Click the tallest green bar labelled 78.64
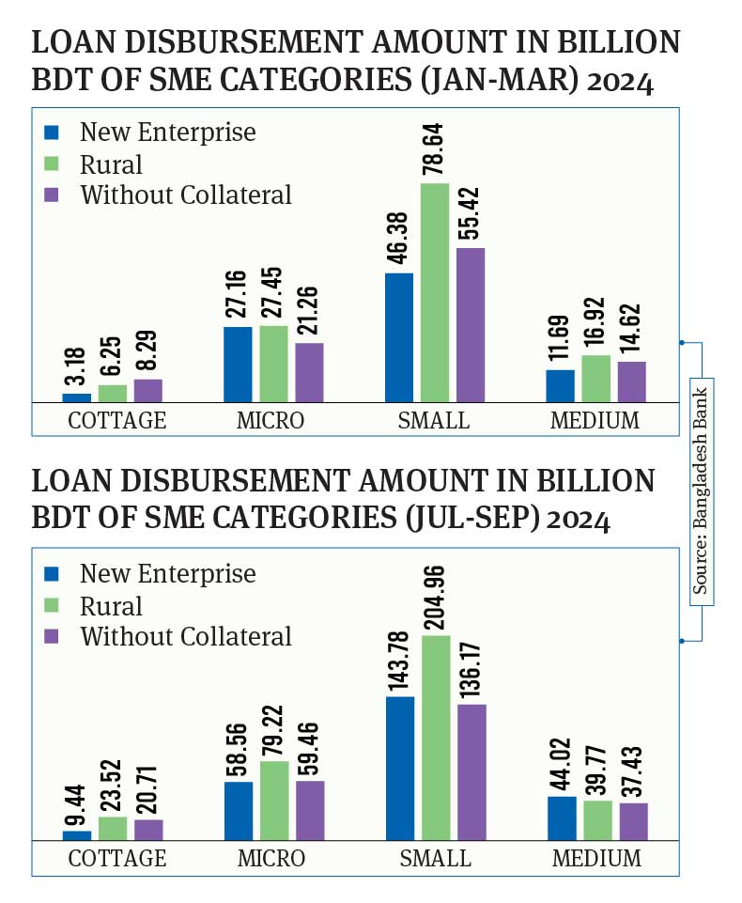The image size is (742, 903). pyautogui.click(x=434, y=292)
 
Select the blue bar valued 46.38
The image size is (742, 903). pyautogui.click(x=399, y=337)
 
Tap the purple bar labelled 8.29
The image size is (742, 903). pyautogui.click(x=147, y=391)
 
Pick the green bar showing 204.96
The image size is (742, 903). pyautogui.click(x=435, y=738)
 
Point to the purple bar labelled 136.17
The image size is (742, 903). pyautogui.click(x=471, y=771)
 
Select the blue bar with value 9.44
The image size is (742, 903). pyautogui.click(x=77, y=835)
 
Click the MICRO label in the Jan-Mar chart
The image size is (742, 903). pyautogui.click(x=271, y=420)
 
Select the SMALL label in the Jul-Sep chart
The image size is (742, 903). pyautogui.click(x=435, y=859)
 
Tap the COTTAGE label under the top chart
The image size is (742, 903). pyautogui.click(x=117, y=420)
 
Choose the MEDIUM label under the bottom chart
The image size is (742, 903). pyautogui.click(x=596, y=859)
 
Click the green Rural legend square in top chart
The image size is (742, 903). pyautogui.click(x=52, y=164)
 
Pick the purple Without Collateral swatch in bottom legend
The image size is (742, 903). pyautogui.click(x=52, y=636)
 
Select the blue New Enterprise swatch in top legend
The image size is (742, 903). pyautogui.click(x=52, y=132)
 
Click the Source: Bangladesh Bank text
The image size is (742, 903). pyautogui.click(x=701, y=487)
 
